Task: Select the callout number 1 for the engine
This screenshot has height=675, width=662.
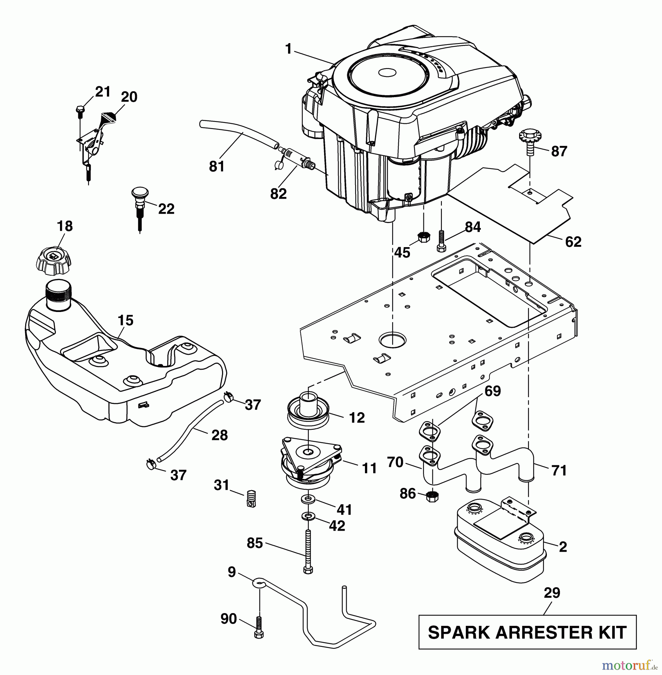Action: tap(288, 49)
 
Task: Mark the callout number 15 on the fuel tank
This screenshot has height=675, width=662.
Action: tap(125, 321)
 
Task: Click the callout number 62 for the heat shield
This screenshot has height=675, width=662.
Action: tap(573, 241)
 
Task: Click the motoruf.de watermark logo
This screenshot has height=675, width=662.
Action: tap(630, 666)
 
